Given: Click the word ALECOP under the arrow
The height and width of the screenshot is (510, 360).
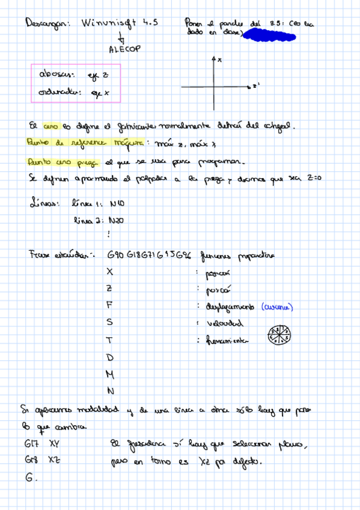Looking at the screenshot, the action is pyautogui.click(x=124, y=50).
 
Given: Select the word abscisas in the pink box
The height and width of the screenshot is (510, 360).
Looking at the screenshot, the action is pyautogui.click(x=56, y=75).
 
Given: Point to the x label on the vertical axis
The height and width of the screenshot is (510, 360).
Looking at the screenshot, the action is pyautogui.click(x=220, y=60).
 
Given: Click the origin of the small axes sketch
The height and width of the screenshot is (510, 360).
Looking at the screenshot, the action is pyautogui.click(x=214, y=88).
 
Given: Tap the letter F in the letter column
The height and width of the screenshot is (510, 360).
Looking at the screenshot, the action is pyautogui.click(x=109, y=305).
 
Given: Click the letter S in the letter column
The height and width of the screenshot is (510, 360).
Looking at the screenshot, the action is pyautogui.click(x=109, y=322).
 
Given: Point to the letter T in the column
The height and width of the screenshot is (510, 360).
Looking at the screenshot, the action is pyautogui.click(x=109, y=340).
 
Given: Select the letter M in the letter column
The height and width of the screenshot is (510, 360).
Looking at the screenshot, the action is pyautogui.click(x=110, y=374).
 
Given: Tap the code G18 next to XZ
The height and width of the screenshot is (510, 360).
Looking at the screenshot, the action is pyautogui.click(x=30, y=461).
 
